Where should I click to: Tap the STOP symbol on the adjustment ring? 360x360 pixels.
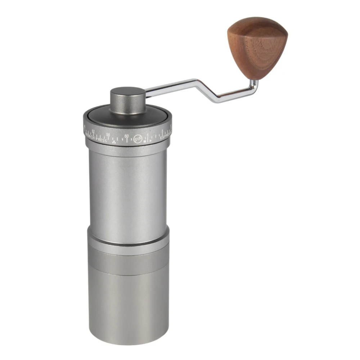[138, 139]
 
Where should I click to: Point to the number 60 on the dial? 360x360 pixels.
[126, 136]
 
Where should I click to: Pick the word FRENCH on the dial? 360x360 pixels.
[90, 137]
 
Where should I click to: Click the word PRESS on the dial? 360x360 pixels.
[101, 139]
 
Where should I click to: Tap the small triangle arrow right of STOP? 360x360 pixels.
[150, 141]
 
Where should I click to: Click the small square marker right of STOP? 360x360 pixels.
[145, 141]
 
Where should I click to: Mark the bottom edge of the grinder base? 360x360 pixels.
[128, 344]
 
